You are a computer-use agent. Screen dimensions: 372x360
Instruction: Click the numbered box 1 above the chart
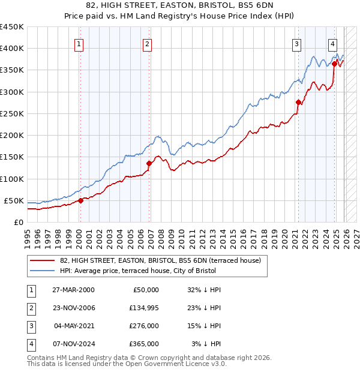pyautogui.click(x=80, y=43)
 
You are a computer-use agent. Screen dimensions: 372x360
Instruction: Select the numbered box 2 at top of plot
pyautogui.click(x=148, y=43)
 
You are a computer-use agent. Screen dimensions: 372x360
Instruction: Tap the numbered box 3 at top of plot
pyautogui.click(x=297, y=43)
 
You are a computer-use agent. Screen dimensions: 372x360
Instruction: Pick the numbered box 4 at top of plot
pyautogui.click(x=332, y=43)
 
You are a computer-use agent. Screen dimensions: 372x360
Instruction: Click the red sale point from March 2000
pyautogui.click(x=80, y=200)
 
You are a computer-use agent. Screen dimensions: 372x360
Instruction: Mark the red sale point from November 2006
pyautogui.click(x=149, y=163)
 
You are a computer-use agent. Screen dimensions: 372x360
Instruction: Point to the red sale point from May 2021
pyautogui.click(x=298, y=102)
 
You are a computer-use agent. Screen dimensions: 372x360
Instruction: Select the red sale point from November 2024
pyautogui.click(x=334, y=64)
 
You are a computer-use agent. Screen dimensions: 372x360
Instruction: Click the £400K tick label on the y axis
pyautogui.click(x=11, y=49)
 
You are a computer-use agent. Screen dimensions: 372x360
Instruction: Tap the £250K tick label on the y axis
pyautogui.click(x=11, y=113)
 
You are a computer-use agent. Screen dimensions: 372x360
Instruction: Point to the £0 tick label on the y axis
pyautogui.click(x=19, y=222)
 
